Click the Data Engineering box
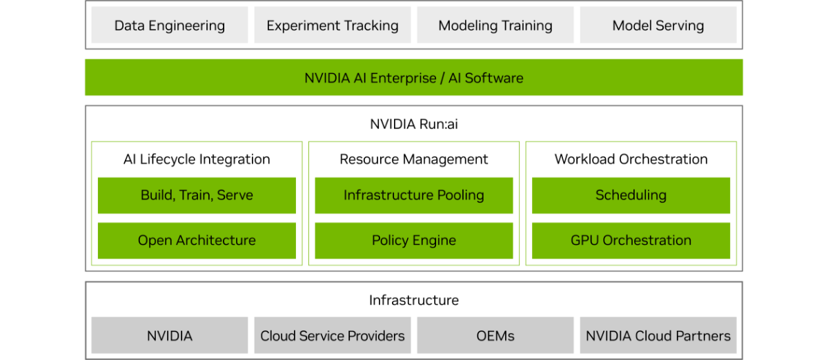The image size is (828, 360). [x=170, y=26]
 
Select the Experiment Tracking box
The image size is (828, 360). [x=332, y=26]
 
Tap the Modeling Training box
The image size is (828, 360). [x=495, y=26]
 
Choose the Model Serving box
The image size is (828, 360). [x=658, y=26]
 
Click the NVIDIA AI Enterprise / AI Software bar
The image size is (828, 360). [x=414, y=77]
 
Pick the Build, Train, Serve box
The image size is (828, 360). [x=197, y=195]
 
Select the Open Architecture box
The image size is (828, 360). [x=197, y=240]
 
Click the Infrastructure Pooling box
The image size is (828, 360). [x=414, y=195]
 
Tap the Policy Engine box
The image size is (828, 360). [x=414, y=240]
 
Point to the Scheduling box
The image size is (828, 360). [x=631, y=195]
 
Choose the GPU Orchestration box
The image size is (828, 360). [x=631, y=240]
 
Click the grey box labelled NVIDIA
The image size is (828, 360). [x=170, y=336]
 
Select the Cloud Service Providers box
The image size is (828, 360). [x=332, y=336]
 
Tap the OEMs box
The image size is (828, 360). [x=495, y=336]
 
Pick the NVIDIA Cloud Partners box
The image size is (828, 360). [x=658, y=336]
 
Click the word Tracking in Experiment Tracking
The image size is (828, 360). [x=371, y=26]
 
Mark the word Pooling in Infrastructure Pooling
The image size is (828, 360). [x=460, y=196]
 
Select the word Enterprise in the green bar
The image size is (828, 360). [x=403, y=78]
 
